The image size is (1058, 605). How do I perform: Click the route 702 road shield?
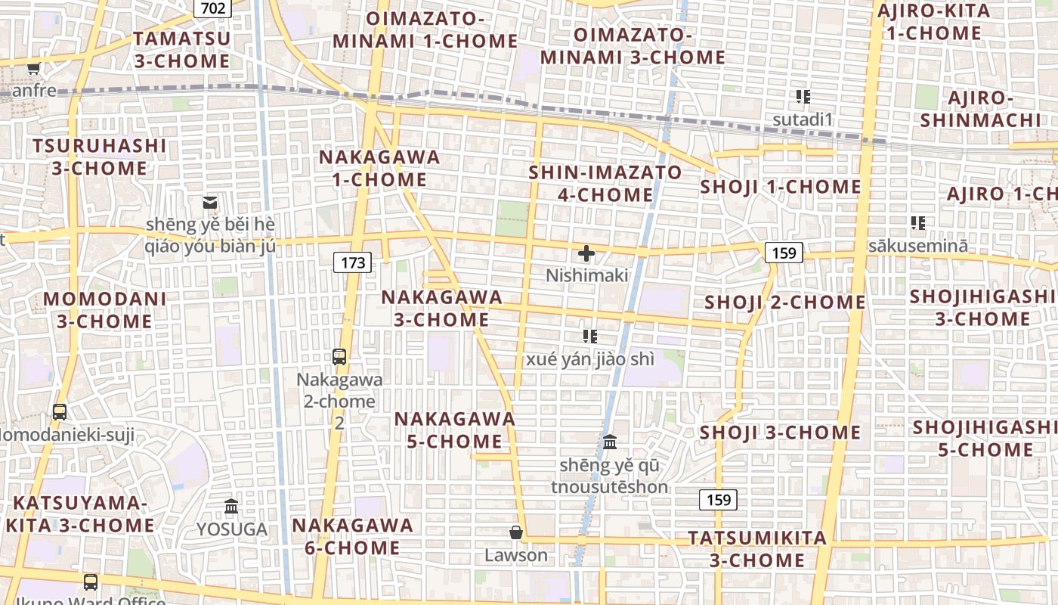[x=212, y=8]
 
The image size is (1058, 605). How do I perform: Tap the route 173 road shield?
[x=352, y=262]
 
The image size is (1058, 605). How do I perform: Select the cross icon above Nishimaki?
[x=586, y=254]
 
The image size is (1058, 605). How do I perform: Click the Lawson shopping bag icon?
[x=516, y=533]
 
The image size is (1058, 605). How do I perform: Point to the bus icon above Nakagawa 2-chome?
[x=339, y=357]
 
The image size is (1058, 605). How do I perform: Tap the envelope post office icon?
[x=210, y=203]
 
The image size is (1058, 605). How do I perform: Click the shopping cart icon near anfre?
[x=33, y=70]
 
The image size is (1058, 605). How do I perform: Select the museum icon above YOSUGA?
[x=231, y=506]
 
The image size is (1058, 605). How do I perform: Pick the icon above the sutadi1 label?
[x=803, y=97]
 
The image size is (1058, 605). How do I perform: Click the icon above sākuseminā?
[x=918, y=223]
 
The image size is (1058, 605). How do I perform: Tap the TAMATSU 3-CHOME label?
[x=182, y=50]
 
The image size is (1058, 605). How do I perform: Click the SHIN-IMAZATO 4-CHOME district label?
[x=605, y=184]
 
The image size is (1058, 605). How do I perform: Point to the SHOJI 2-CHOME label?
[x=785, y=302]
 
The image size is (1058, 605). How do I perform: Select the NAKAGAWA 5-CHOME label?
[x=455, y=430]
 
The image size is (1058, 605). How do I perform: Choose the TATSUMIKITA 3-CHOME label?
[x=757, y=549]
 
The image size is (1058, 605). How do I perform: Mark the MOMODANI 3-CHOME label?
[x=105, y=309]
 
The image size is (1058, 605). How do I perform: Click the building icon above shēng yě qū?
[x=610, y=442]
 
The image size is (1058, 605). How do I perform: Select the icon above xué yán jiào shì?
[x=589, y=336]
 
